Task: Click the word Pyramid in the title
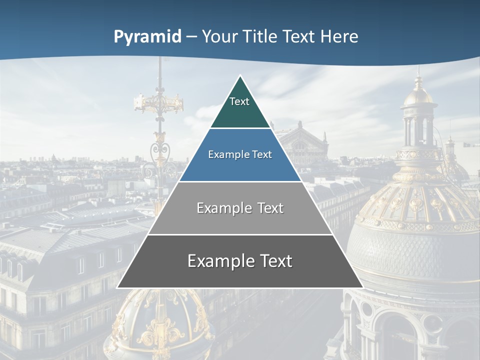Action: (147, 37)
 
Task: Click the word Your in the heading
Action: (218, 37)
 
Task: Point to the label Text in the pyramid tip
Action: (239, 101)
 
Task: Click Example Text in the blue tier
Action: (240, 154)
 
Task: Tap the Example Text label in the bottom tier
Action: (240, 261)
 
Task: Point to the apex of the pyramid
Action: (240, 76)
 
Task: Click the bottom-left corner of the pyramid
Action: (117, 287)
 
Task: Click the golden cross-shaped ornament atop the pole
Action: (158, 102)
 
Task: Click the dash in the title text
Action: (191, 37)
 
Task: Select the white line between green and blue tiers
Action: (240, 128)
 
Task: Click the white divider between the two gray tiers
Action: (240, 234)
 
